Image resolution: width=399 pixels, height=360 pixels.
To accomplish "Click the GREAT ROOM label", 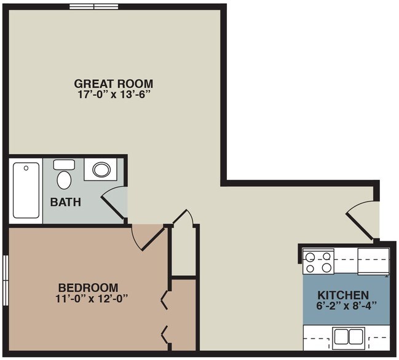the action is point(114,84).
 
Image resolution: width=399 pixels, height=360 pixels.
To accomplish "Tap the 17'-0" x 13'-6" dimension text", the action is point(113,95).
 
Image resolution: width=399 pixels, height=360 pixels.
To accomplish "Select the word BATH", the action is point(66,202).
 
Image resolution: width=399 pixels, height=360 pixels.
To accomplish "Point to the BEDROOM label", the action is point(89,288).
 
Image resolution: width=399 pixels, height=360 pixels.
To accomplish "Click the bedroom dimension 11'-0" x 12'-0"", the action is point(92,299).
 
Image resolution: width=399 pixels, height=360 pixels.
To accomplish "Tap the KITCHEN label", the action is point(343,295).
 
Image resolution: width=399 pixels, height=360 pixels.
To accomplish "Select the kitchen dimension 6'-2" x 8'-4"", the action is point(346,305).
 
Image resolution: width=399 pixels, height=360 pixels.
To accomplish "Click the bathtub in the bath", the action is point(26,190).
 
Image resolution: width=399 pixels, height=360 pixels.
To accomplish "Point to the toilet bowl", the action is point(64,180).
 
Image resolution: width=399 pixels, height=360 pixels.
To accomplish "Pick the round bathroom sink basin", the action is point(101,170).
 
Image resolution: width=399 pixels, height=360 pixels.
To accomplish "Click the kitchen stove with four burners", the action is point(318,261).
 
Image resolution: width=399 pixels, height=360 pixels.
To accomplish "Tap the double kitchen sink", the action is point(349,336).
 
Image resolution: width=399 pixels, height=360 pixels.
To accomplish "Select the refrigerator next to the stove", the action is point(373,261).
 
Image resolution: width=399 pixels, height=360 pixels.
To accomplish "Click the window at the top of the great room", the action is point(94,7).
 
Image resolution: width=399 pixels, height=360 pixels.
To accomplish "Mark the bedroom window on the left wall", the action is point(6,280).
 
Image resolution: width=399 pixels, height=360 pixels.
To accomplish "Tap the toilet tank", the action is point(64,165).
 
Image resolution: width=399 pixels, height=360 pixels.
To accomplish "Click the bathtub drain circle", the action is point(26,168).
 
